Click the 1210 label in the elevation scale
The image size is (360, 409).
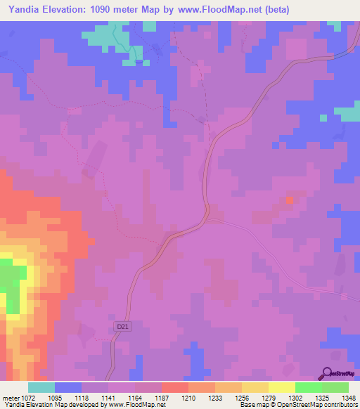point(188,398)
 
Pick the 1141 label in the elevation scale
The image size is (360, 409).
point(108,398)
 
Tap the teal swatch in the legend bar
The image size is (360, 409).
point(41,387)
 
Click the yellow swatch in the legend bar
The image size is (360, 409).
point(282,387)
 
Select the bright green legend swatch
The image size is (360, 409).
point(309,387)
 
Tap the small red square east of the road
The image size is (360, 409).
point(290,200)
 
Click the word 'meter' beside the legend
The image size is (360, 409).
point(10,398)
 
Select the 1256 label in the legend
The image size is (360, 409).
point(241,398)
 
